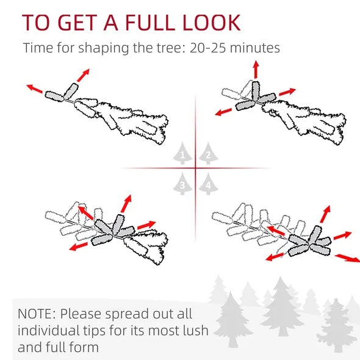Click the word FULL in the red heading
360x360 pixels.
[x=150, y=22]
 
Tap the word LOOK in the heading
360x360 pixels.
[x=212, y=22]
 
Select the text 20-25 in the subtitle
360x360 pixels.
[x=207, y=48]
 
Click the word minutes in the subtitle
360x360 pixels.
[x=255, y=48]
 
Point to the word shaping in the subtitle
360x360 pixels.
[x=103, y=49]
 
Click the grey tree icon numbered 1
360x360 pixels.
[x=182, y=153]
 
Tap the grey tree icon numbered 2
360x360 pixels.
[x=208, y=153]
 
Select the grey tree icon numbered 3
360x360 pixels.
[x=182, y=184]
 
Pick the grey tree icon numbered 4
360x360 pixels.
[x=208, y=184]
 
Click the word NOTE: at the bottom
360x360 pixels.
[x=37, y=314]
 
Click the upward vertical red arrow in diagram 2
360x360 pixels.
[x=256, y=70]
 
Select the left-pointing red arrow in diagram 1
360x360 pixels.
[x=34, y=88]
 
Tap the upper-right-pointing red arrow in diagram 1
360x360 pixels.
[x=83, y=75]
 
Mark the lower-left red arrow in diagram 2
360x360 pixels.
[x=223, y=112]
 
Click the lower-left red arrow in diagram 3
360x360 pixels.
[x=78, y=247]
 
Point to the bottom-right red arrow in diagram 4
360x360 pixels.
[x=347, y=257]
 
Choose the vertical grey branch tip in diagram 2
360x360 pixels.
[x=256, y=91]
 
